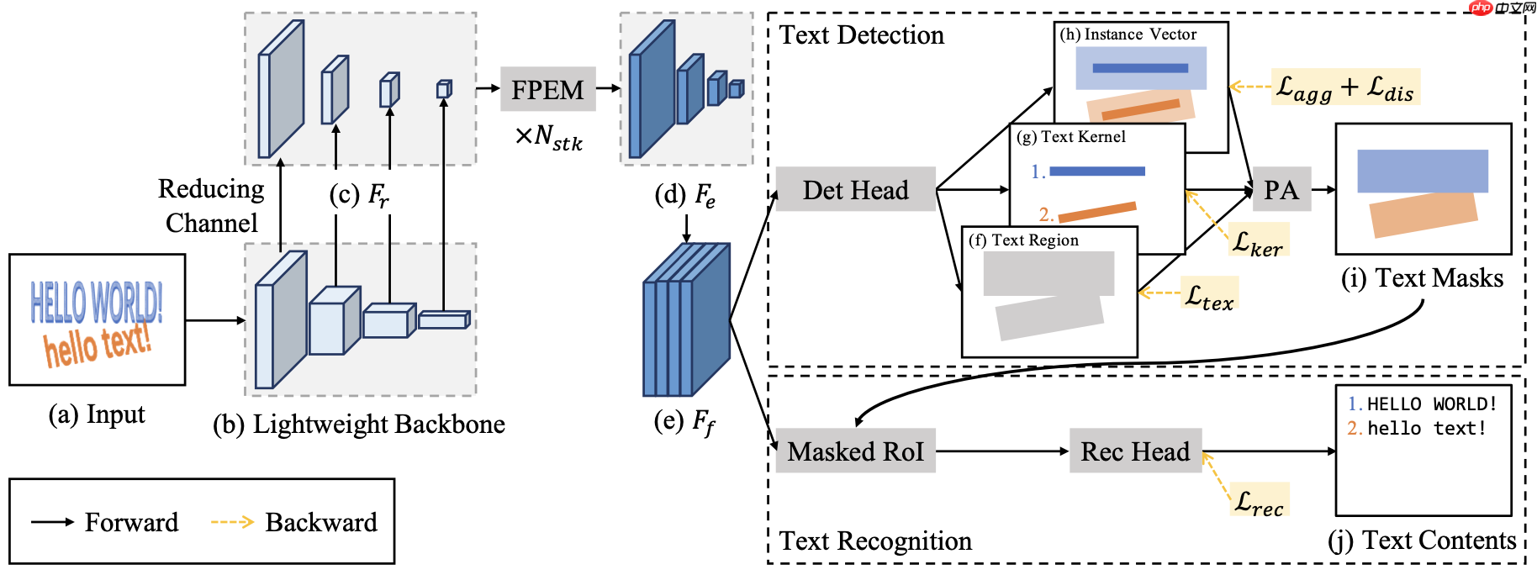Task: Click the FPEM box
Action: tap(547, 89)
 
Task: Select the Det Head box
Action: tap(855, 189)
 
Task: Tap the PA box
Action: tap(1281, 189)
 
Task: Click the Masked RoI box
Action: tap(855, 451)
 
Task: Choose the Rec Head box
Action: tap(1135, 451)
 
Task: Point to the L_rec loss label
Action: tap(1259, 500)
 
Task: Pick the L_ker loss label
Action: tap(1258, 241)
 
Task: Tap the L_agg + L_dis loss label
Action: tap(1344, 87)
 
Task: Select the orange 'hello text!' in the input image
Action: tap(98, 344)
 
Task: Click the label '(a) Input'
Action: tap(97, 414)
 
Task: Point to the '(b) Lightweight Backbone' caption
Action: tap(359, 424)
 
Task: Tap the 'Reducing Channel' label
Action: tap(211, 205)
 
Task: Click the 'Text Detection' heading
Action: tap(862, 35)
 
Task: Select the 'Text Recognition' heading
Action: tap(875, 541)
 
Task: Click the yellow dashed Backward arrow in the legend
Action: tap(231, 522)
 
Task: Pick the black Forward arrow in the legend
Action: tap(52, 522)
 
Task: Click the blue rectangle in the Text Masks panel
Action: tap(1422, 171)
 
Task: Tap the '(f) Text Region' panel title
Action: tap(1024, 240)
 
